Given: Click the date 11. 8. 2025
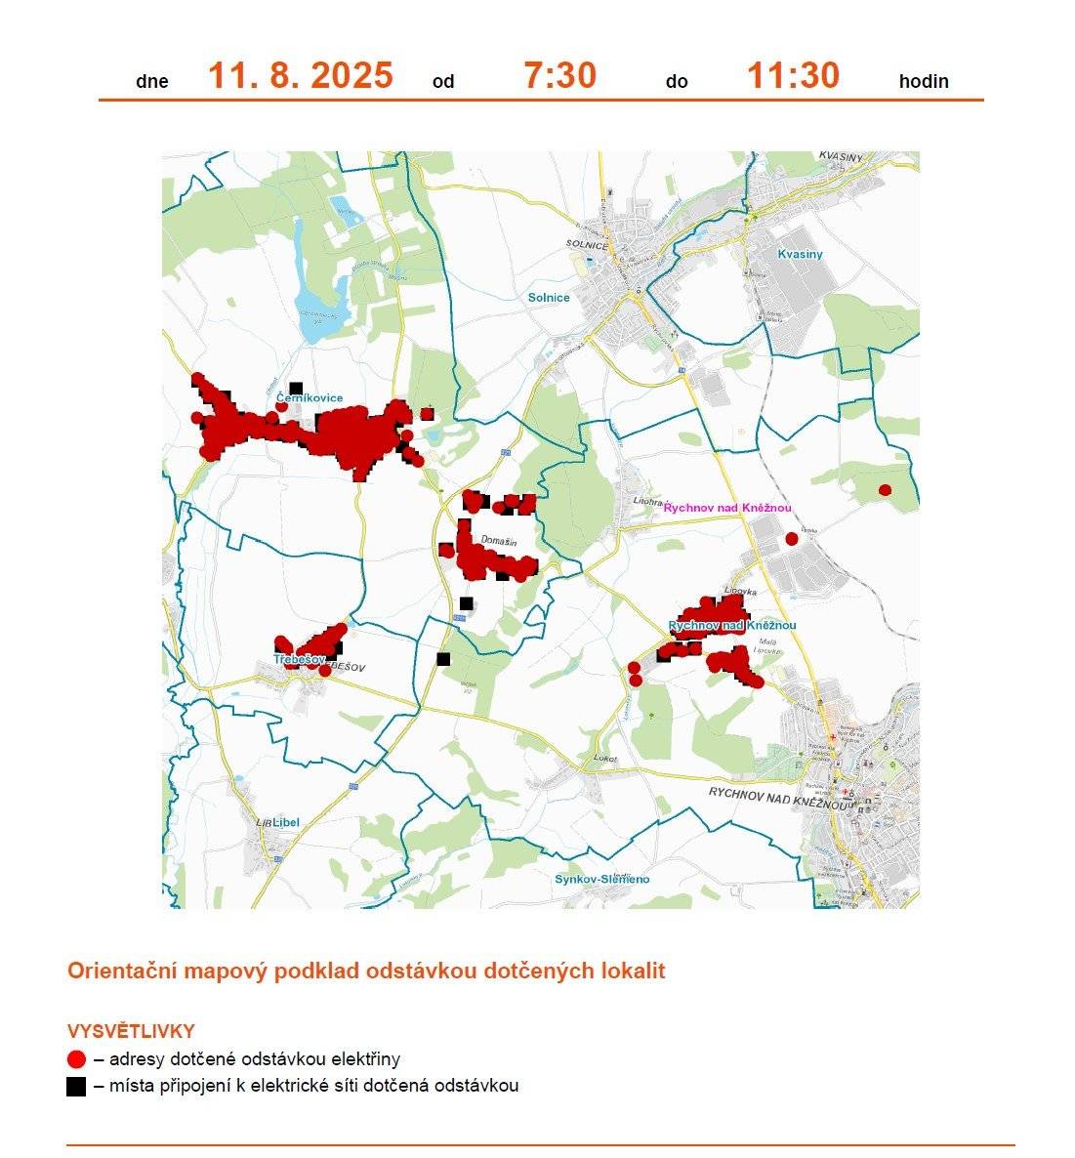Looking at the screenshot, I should (x=300, y=76).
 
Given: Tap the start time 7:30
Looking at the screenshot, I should (x=559, y=76).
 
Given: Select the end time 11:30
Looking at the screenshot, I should (x=793, y=76).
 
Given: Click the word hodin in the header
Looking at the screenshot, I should (x=924, y=82).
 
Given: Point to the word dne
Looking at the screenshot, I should (x=152, y=82).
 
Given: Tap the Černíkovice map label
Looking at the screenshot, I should (x=309, y=398).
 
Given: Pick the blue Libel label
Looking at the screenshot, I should (x=284, y=822).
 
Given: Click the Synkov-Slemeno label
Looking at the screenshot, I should (x=601, y=879).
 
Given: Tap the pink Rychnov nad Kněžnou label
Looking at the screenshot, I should (x=726, y=508).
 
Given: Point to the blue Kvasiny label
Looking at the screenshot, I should (x=800, y=254).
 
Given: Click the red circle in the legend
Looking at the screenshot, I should (x=77, y=1059).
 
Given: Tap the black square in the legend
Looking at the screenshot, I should (x=77, y=1086).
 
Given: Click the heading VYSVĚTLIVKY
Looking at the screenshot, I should (x=131, y=1031).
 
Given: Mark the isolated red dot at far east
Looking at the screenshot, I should (x=885, y=490).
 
